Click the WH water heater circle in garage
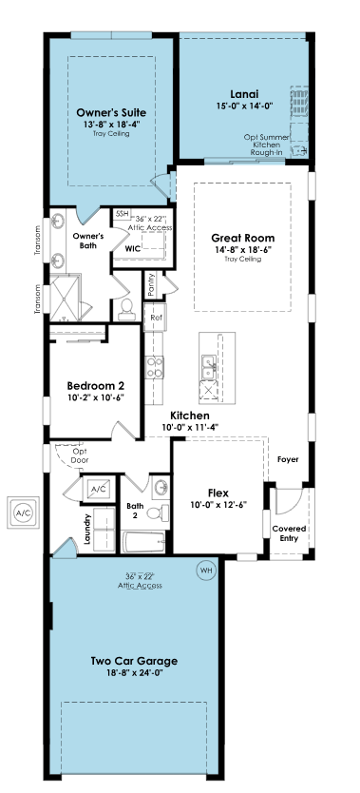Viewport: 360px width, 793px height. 205,571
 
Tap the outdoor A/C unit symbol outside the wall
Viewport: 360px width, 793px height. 23,513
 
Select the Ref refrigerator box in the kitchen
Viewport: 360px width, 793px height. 155,318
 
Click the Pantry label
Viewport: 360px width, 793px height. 151,286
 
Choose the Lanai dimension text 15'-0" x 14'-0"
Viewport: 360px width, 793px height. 244,106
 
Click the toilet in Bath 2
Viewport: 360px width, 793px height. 159,513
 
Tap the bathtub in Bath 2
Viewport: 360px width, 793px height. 143,542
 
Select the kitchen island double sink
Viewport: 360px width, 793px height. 209,366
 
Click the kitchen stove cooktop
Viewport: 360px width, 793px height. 155,367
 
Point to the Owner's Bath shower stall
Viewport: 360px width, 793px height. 66,298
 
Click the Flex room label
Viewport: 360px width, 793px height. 218,493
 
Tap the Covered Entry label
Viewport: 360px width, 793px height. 289,533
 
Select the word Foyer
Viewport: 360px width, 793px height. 288,459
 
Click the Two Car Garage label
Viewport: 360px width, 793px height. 134,661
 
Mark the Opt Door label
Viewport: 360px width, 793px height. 80,455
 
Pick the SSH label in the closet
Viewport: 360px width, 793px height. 122,214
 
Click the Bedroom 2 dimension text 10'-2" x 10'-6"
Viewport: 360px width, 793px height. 95,397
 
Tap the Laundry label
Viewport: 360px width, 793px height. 86,529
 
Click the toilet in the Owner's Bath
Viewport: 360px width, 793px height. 126,309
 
